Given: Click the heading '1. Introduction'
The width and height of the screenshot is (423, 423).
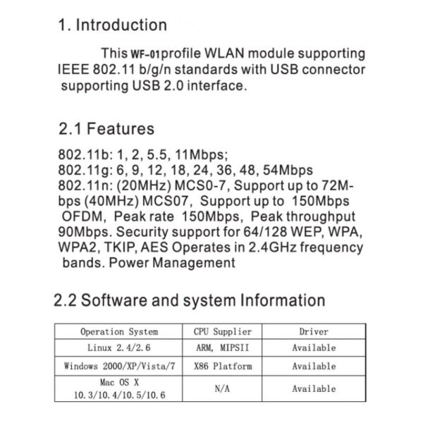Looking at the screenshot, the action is coord(113,25).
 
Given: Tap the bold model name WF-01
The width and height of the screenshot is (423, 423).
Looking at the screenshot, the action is coord(145,54).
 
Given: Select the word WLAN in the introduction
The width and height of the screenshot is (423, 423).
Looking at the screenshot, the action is coord(224,53).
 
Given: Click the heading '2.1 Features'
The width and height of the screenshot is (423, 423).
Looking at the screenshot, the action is coord(106,128).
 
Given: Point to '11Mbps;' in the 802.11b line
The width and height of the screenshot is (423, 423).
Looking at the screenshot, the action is coord(202,155).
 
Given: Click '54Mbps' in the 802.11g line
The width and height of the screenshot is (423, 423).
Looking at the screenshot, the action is coord(288,170).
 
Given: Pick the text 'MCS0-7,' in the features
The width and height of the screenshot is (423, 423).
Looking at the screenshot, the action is coord(202,186).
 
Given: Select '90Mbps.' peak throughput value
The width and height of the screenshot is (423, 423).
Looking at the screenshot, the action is coord(85,232).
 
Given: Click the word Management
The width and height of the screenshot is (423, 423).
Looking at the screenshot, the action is coord(194,263).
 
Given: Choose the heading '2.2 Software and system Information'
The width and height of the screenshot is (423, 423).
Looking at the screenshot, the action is coord(190,300).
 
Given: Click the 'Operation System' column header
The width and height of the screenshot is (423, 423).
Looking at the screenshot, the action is coord(119,331).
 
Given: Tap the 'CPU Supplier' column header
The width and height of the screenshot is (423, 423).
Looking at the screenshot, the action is coord(223,331).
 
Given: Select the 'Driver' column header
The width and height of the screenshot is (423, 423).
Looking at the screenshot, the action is coord(314,331).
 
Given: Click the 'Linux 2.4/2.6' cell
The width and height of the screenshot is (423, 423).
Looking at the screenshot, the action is coord(119,348).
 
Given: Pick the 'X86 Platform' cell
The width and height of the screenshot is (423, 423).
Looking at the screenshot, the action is coord(223,367).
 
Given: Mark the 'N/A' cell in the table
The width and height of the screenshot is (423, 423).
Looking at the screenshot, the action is coord(222,388).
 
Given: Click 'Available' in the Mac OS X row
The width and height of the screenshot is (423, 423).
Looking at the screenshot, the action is coord(314,388).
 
